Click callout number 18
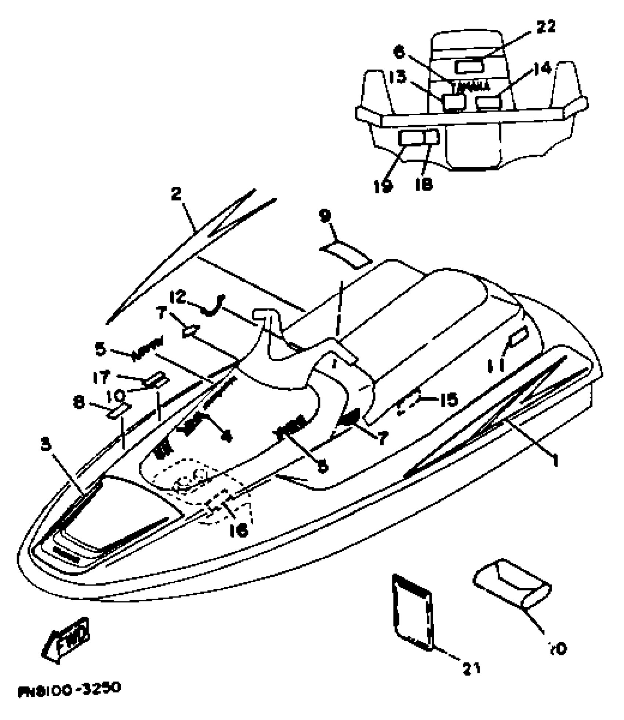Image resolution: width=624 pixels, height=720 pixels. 424,185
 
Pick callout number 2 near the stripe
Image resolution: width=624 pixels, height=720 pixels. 177,194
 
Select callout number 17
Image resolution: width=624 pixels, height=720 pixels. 101,377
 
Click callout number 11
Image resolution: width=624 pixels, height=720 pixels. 498,365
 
